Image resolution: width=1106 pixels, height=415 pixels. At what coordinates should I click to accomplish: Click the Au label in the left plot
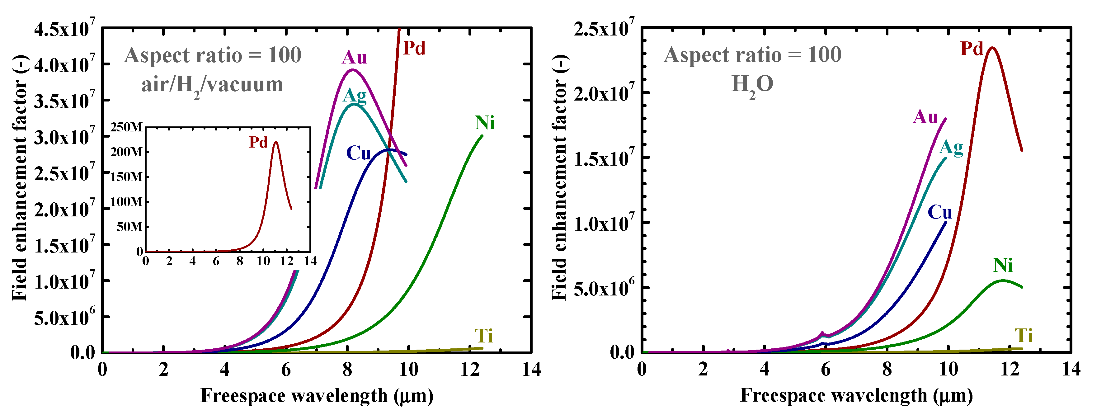point(354,58)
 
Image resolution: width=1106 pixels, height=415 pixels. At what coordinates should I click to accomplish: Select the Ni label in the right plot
point(1003,266)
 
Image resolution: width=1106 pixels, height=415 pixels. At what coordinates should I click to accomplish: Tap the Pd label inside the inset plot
point(258,142)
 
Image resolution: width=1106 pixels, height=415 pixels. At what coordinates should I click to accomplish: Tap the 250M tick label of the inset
point(126,127)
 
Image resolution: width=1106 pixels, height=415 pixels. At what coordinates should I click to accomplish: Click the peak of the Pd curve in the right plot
point(992,48)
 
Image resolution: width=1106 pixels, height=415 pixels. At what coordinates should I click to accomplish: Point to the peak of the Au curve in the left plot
point(352,70)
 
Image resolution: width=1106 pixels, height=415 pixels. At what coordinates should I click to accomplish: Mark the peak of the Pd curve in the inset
point(275,142)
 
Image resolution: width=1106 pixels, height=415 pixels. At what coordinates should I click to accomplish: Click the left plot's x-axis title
point(317,396)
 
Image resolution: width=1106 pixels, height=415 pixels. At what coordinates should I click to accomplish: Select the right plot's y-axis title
point(559,177)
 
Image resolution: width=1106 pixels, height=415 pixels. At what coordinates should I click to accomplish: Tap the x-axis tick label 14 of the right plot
point(1071,370)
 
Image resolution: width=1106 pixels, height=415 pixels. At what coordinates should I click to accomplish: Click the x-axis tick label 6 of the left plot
point(286,370)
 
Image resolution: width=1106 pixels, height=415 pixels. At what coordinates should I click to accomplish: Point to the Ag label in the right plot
point(951,148)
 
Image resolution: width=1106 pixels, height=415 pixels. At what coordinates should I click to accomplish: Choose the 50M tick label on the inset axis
point(129,227)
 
